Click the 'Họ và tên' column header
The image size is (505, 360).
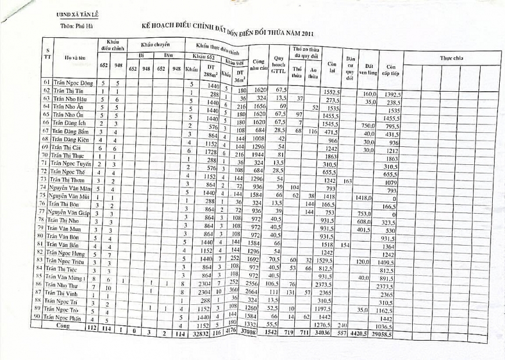click(x=74, y=58)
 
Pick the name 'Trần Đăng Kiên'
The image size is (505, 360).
click(x=71, y=140)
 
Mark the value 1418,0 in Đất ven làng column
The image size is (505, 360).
click(x=364, y=198)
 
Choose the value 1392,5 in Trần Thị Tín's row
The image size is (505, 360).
click(x=394, y=94)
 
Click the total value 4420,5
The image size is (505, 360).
click(x=364, y=335)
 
